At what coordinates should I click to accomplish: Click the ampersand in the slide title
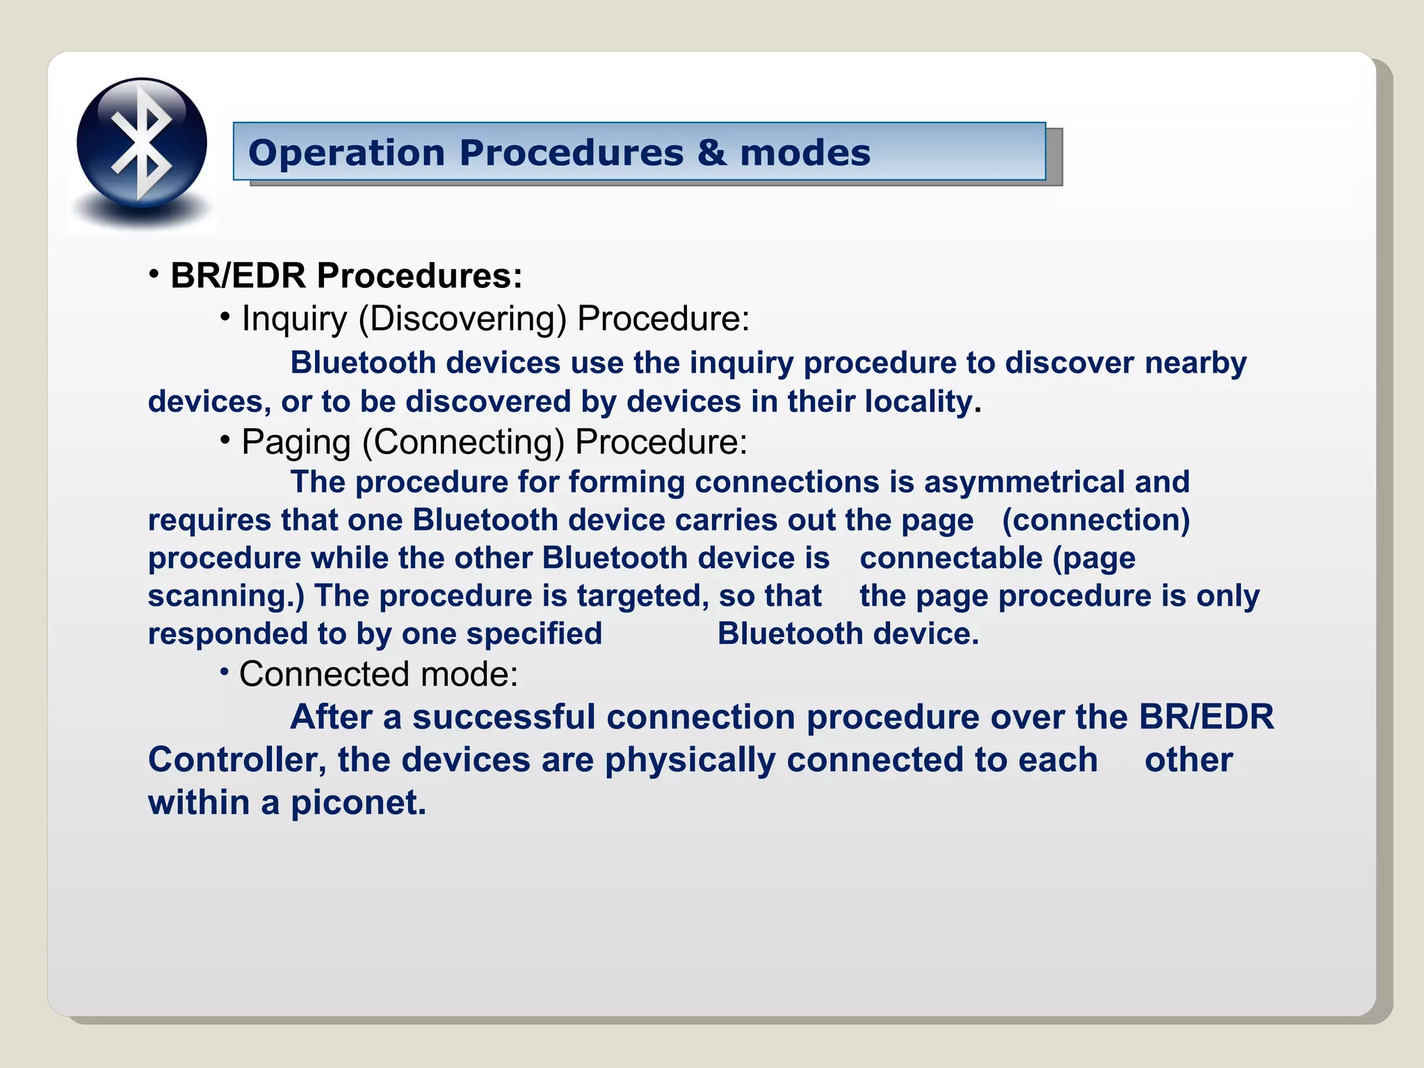point(711,152)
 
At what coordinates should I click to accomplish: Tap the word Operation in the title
point(346,153)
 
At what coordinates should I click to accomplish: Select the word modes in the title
point(805,152)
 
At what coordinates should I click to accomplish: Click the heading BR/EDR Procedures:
point(346,275)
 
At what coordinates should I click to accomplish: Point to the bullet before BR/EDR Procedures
point(154,273)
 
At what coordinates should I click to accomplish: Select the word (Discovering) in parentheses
point(462,319)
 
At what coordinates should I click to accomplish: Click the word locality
point(921,402)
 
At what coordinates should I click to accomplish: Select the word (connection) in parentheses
point(1096,520)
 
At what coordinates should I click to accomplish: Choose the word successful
point(503,717)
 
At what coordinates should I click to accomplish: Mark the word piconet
point(358,803)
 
